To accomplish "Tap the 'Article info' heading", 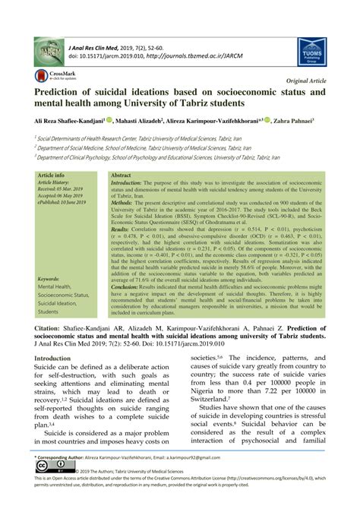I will [51, 175].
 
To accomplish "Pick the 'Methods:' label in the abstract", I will [125, 204].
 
